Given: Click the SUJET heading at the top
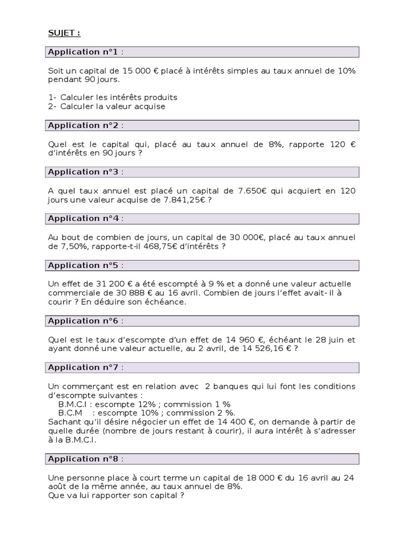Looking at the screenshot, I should (x=64, y=33).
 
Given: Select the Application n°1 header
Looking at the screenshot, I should (x=86, y=51).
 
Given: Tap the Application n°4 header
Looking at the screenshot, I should (x=86, y=218).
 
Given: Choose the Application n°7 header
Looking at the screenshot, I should (x=86, y=367).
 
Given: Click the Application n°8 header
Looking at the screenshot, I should (x=86, y=459).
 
